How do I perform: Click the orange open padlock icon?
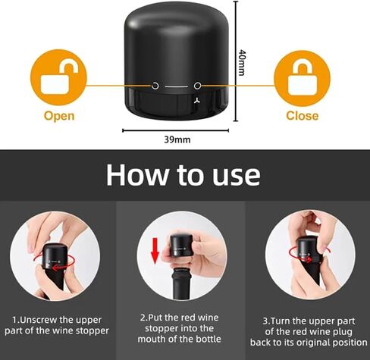click(x=58, y=77)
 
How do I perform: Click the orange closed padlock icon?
click(x=302, y=78)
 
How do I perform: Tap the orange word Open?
click(x=59, y=116)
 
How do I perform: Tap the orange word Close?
click(x=303, y=116)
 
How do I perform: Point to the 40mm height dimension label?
click(x=242, y=62)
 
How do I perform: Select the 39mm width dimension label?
click(x=177, y=139)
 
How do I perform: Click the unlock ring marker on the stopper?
click(x=155, y=86)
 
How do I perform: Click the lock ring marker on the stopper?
click(x=197, y=86)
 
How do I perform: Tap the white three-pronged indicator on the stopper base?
click(x=197, y=101)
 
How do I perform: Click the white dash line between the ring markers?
click(x=177, y=86)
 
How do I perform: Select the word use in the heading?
click(x=236, y=176)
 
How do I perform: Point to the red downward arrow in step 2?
click(x=155, y=251)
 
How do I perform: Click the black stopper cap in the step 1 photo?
click(x=55, y=256)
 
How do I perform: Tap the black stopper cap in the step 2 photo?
click(x=181, y=246)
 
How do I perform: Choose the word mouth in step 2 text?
click(x=152, y=339)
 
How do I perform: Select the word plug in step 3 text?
click(x=342, y=332)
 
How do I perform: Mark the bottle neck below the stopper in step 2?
click(x=181, y=284)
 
